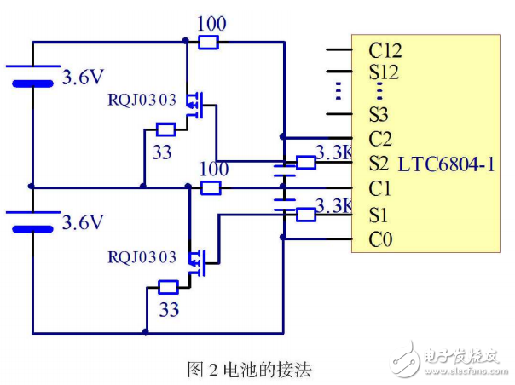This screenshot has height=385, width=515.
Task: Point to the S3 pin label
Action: (379, 113)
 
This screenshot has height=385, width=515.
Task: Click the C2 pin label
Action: (379, 138)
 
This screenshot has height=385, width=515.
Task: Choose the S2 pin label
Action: (379, 163)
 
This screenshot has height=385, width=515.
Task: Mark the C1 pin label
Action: (379, 188)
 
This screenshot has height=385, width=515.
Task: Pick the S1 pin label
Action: (379, 214)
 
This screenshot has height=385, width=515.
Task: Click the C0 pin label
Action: (380, 240)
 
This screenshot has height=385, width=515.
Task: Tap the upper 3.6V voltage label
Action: (84, 78)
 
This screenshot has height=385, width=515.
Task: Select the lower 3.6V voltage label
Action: (84, 223)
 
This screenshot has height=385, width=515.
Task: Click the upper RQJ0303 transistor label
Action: (142, 100)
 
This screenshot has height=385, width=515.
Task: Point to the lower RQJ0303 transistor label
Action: (142, 256)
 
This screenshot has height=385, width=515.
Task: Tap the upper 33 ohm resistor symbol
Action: (166, 130)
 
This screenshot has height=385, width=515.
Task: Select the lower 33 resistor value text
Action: (169, 310)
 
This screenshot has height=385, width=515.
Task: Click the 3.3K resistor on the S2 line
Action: (305, 162)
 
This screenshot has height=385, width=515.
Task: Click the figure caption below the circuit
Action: (250, 369)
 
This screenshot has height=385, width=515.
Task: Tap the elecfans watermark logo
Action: (452, 358)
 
